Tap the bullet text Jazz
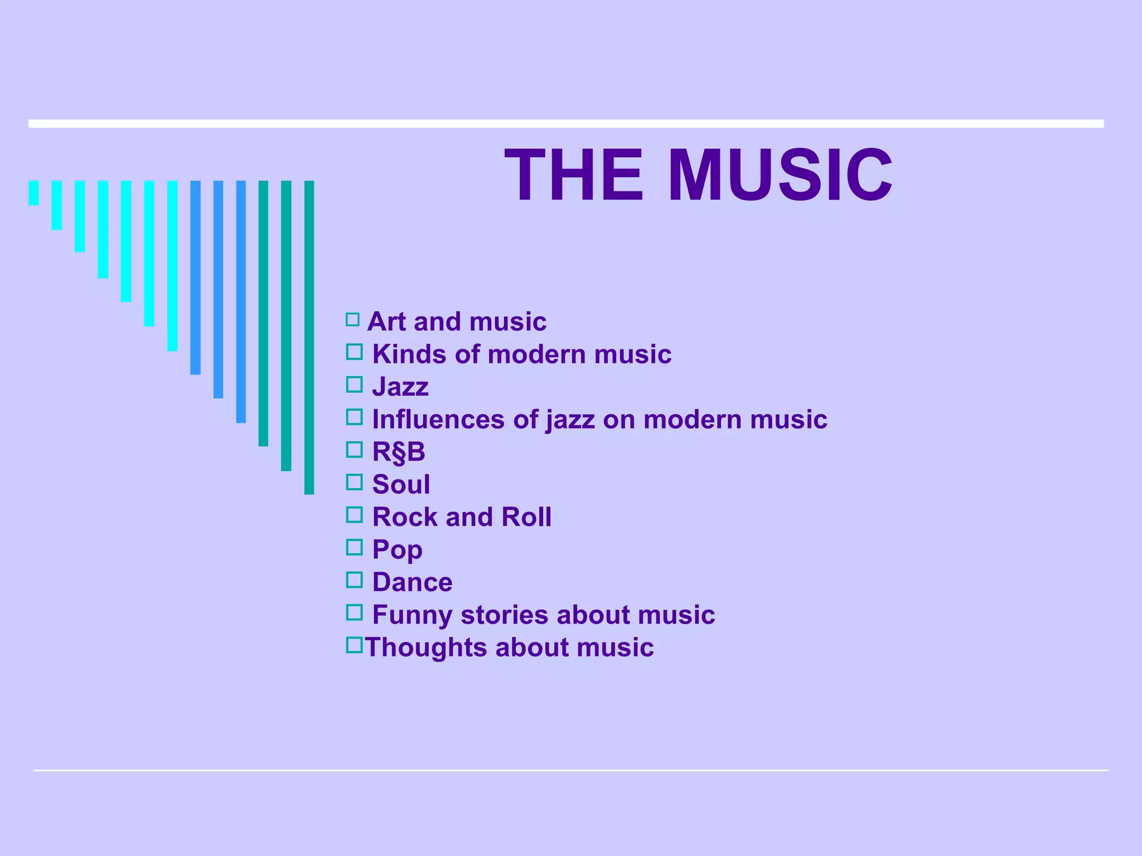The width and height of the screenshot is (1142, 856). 400,387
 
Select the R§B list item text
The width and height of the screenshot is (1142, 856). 399,452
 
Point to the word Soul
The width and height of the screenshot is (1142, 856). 401,484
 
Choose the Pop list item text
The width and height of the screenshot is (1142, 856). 397,550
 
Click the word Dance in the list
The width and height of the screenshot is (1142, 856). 412,582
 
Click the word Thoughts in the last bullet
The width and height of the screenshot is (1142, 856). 425,648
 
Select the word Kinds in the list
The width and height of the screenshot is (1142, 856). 409,354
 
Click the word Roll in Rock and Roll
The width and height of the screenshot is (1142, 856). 526,517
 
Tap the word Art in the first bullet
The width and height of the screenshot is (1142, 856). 386,322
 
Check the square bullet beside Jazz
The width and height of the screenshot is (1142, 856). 354,385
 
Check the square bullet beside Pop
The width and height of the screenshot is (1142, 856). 354,547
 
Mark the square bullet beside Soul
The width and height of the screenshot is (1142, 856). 354,482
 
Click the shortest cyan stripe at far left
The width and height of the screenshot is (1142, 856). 33,193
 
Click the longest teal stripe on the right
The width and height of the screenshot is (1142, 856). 309,337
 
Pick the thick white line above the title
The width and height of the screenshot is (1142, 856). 566,124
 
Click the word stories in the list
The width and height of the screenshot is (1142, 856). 504,615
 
